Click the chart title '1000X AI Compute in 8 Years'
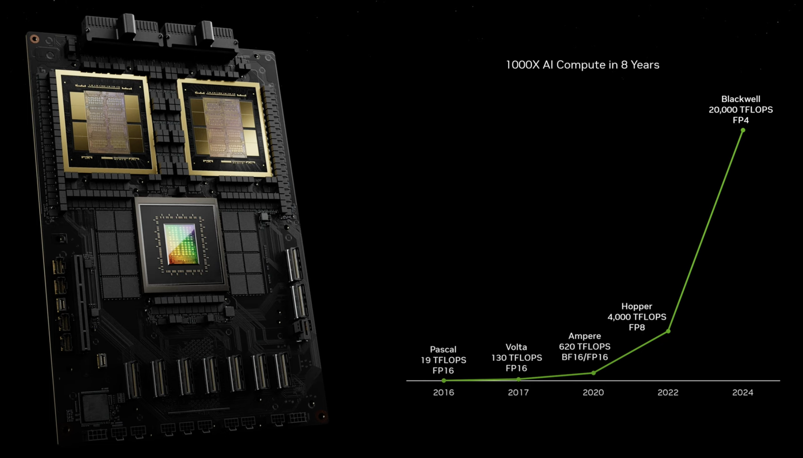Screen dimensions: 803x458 583,65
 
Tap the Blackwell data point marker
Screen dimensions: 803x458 743,130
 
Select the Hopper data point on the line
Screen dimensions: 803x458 668,331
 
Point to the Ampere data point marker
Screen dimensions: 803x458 594,373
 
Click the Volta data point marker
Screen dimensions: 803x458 519,379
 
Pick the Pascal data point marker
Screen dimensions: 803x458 444,380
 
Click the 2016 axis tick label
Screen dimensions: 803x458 443,392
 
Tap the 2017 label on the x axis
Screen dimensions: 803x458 519,392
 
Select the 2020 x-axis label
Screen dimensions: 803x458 593,392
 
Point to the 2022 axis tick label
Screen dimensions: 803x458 668,392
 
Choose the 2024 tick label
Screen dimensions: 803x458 743,392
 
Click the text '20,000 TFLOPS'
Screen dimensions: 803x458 741,110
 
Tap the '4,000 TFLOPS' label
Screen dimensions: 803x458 637,317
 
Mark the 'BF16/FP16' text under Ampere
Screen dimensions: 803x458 584,357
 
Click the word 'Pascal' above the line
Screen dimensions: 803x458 443,349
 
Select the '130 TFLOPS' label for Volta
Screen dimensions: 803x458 516,358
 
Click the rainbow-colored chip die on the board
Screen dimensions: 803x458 180,244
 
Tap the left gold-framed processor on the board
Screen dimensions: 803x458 107,122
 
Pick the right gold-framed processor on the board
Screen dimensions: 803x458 225,128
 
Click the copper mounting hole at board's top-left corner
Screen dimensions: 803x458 35,38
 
